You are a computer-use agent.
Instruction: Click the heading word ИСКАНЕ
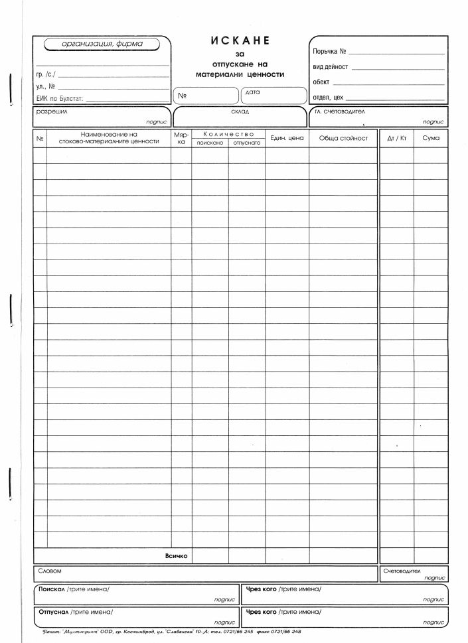[x=240, y=40]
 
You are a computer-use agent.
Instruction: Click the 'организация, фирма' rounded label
[x=102, y=44]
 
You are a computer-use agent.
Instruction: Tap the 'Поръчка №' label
[x=329, y=51]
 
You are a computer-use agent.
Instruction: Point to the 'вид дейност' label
[x=331, y=67]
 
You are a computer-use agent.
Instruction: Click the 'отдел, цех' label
[x=328, y=98]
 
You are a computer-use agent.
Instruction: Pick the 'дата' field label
[x=252, y=92]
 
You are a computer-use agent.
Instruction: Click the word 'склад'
[x=240, y=111]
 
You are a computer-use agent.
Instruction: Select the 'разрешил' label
[x=51, y=111]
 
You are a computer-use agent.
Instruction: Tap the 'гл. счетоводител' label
[x=341, y=111]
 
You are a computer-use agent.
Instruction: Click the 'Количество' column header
[x=228, y=135]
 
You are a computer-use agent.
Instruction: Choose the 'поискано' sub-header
[x=210, y=143]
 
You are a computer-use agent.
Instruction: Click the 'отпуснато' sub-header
[x=246, y=143]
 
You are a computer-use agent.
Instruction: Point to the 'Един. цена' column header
[x=287, y=138]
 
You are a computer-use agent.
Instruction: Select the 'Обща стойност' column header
[x=343, y=138]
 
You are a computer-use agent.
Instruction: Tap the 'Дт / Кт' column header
[x=396, y=138]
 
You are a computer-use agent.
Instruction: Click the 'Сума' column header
[x=431, y=138]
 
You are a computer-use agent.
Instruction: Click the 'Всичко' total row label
[x=177, y=555]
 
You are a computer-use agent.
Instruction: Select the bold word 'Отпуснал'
[x=54, y=611]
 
